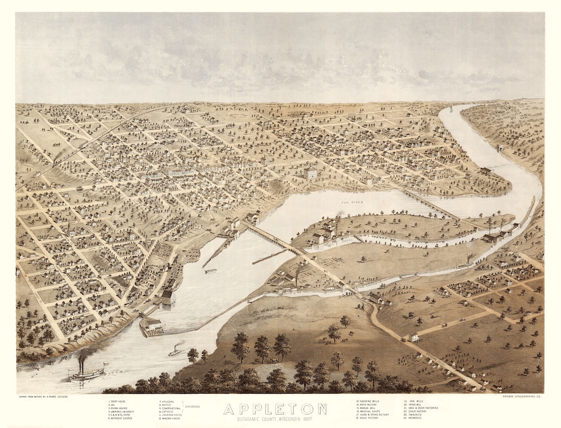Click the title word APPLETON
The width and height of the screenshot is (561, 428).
point(275,409)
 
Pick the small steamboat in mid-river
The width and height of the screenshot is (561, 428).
point(175,352)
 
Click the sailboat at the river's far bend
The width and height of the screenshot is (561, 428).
point(451,109)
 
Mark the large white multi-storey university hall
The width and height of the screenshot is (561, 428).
point(310,173)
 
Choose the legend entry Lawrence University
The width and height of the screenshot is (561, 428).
point(123,411)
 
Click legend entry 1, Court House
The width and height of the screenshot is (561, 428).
point(119,401)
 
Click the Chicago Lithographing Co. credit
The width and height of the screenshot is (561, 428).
point(524,397)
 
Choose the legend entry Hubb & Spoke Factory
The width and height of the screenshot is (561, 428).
point(373,414)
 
